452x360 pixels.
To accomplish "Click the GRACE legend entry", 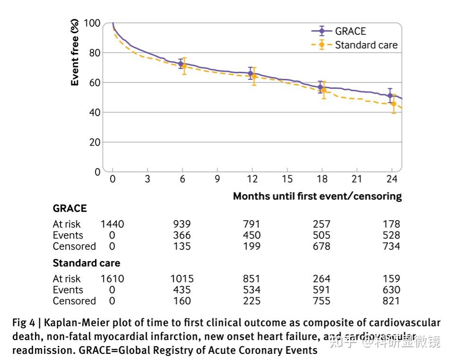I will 350,32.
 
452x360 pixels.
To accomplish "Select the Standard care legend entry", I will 366,45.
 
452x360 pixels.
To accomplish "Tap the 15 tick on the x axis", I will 287,179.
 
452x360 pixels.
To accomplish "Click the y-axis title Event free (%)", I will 75,52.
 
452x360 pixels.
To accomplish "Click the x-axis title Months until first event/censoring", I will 317,196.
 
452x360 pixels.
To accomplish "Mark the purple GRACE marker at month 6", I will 180,64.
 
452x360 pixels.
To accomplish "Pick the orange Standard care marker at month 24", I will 393,103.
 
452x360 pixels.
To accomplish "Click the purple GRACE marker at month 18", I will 320,87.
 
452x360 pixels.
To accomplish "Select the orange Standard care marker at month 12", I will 254,76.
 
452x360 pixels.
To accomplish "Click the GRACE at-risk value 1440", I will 112,224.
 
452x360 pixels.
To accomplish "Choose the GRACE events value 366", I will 182,235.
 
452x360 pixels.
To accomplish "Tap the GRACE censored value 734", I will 392,246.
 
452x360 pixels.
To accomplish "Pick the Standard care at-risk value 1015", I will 182,279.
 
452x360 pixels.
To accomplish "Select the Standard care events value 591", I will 322,290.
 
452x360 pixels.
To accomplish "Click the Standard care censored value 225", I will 251,301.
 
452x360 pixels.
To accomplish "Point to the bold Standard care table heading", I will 86,263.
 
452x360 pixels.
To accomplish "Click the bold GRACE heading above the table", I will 70,208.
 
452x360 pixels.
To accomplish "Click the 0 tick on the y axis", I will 97,171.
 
